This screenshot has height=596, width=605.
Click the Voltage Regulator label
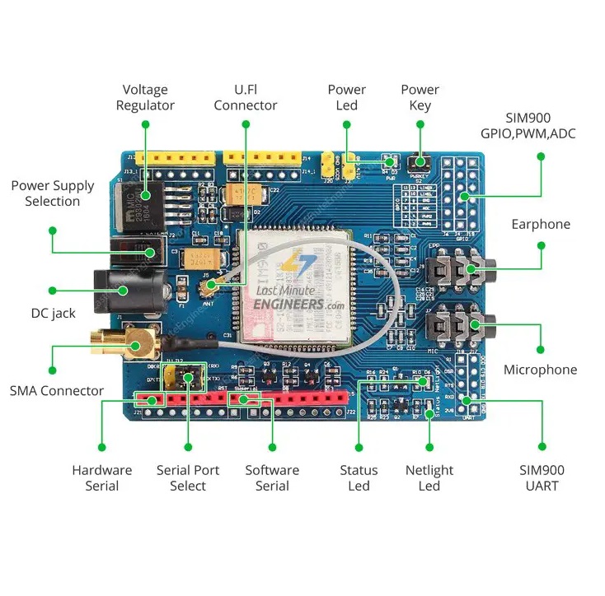pyautogui.click(x=145, y=97)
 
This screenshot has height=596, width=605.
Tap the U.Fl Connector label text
pyautogui.click(x=246, y=97)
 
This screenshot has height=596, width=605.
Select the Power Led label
pyautogui.click(x=346, y=97)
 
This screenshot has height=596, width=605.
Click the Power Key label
pyautogui.click(x=420, y=97)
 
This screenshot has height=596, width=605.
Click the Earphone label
pyautogui.click(x=541, y=224)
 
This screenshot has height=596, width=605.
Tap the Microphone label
pyautogui.click(x=541, y=370)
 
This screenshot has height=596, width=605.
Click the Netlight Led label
pyautogui.click(x=429, y=477)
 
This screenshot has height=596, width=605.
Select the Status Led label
pyautogui.click(x=359, y=477)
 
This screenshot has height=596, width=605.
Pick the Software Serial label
pyautogui.click(x=272, y=477)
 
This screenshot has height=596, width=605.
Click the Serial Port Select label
pyautogui.click(x=188, y=477)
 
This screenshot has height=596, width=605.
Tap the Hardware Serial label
pyautogui.click(x=101, y=477)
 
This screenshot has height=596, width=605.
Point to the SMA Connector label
pyautogui.click(x=57, y=391)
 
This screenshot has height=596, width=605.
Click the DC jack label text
pyautogui.click(x=53, y=314)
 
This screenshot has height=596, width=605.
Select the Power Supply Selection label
pyautogui.click(x=53, y=193)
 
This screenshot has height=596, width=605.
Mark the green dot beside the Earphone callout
pyautogui.click(x=542, y=244)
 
